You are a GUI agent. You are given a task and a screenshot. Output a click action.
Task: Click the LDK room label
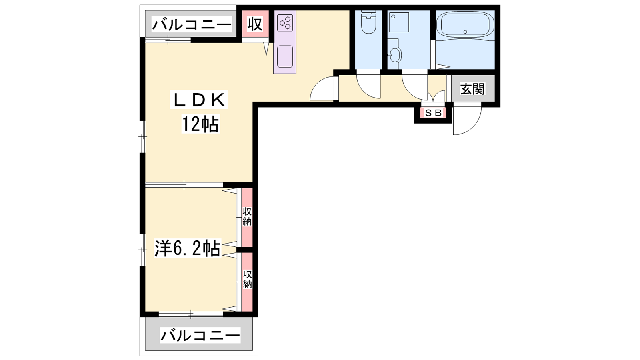(x=199, y=100)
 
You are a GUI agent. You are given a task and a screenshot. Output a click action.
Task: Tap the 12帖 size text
(x=200, y=124)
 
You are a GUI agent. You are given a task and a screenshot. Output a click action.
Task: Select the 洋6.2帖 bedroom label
(x=188, y=248)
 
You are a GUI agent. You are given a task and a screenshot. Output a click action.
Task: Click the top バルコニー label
(x=192, y=24)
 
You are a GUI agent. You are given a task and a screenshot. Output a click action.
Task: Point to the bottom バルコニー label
(x=200, y=336)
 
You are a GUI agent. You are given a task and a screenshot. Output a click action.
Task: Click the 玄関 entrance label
(x=472, y=89)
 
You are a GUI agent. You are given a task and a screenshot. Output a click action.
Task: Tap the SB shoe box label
(x=434, y=113)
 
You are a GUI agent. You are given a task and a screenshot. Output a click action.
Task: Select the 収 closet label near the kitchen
(x=254, y=24)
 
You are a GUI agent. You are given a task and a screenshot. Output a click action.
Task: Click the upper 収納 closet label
(x=247, y=216)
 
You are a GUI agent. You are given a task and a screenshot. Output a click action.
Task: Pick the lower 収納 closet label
(x=248, y=279)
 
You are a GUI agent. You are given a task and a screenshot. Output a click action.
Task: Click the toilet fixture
(x=368, y=22)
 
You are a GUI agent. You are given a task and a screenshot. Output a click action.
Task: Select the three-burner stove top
(x=285, y=23)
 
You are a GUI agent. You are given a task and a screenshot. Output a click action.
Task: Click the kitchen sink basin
(x=285, y=56)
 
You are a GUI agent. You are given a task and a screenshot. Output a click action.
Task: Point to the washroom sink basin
(x=396, y=54)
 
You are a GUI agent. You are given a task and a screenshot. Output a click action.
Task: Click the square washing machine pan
(x=399, y=22)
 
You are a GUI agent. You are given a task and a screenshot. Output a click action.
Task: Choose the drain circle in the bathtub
(x=465, y=32)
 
